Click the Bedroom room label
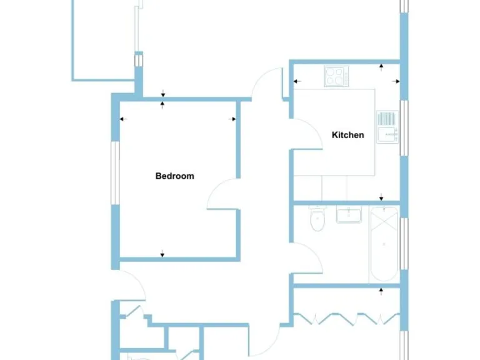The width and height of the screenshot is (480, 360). coord(174,176)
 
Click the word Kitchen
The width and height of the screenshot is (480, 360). coord(347,135)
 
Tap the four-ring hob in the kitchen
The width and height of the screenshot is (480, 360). coord(336,76)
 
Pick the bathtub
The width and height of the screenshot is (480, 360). coord(383,244)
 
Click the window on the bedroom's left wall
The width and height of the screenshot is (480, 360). coord(115,172)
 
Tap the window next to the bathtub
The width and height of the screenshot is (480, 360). coord(404,246)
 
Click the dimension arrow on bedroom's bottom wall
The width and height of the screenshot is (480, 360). coord(162,253)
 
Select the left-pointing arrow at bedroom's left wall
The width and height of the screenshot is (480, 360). coord(122,119)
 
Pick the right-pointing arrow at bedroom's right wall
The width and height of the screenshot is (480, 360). coord(234,119)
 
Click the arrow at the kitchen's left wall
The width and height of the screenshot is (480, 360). coord(297,81)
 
